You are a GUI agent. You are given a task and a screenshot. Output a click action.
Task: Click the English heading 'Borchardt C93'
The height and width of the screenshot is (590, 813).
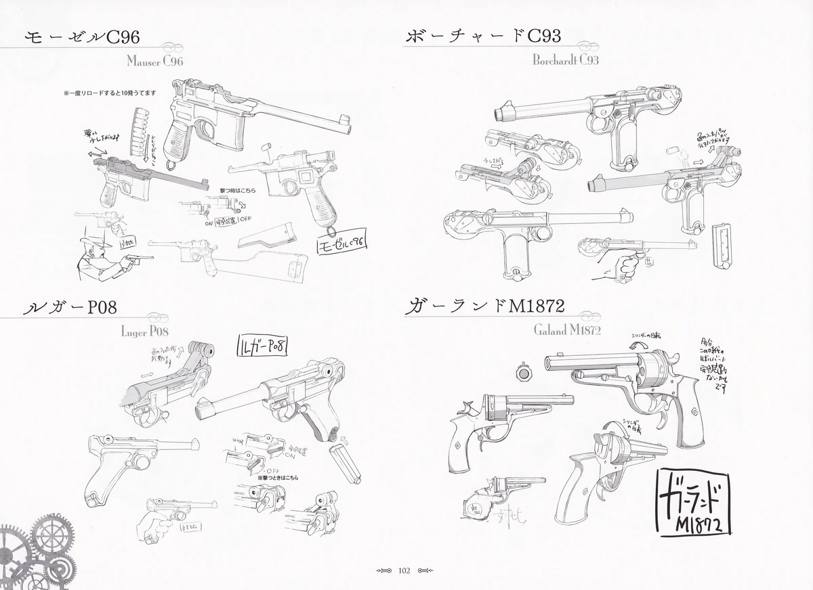pos(565,60)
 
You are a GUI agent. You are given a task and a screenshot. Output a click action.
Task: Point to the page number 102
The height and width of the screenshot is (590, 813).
pos(405,570)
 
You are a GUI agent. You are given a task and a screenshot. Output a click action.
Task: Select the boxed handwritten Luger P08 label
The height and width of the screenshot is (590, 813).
pos(262,346)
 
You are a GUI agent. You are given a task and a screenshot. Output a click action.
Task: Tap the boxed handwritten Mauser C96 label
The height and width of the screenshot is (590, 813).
pos(341,241)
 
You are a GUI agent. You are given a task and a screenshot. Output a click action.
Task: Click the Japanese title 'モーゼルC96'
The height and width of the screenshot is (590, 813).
pos(81,39)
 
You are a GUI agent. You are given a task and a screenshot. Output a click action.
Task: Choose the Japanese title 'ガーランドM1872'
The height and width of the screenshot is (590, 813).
pos(484,308)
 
